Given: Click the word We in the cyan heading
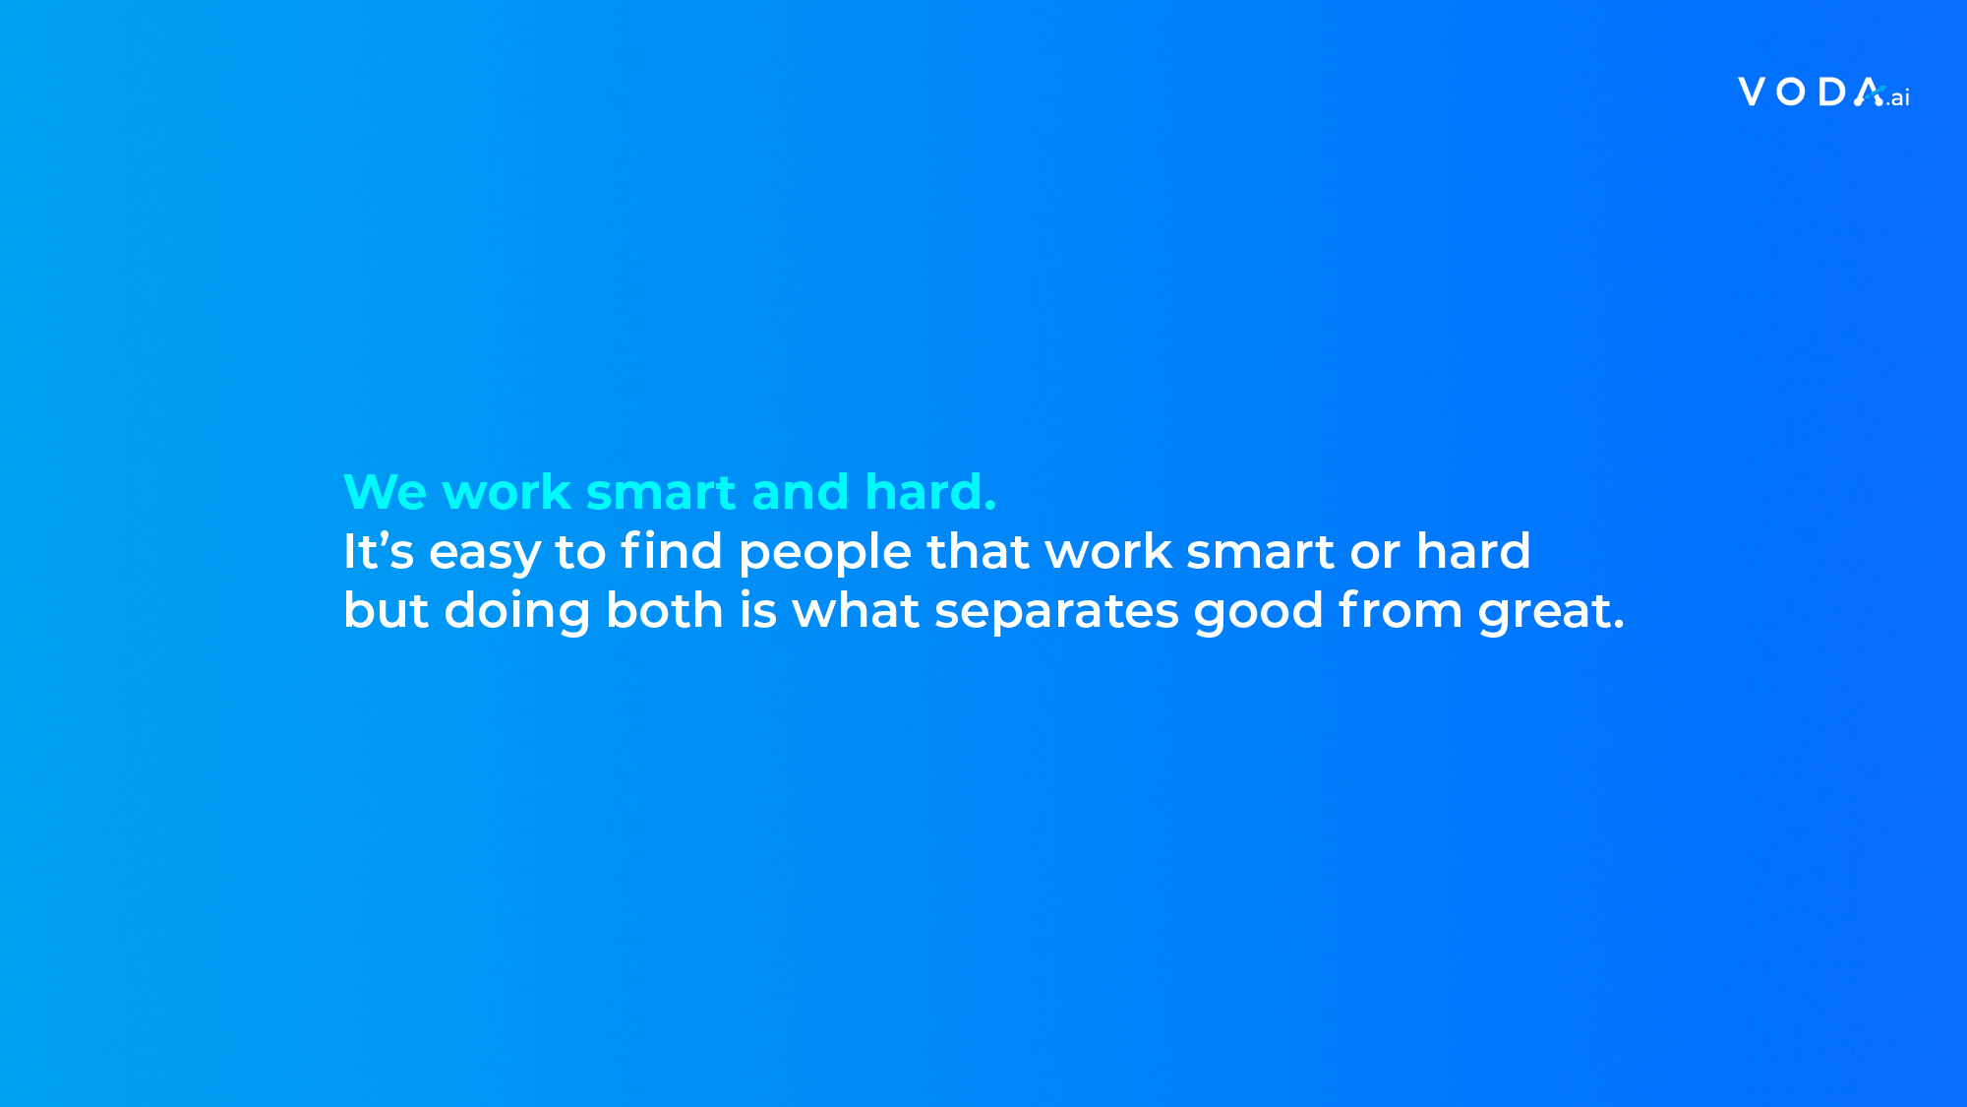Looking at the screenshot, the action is click(385, 492).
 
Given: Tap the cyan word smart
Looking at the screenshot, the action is click(661, 492).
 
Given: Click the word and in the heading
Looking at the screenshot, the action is click(800, 491).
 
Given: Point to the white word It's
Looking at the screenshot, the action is click(379, 550).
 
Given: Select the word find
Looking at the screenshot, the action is click(672, 550).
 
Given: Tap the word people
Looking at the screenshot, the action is click(825, 554).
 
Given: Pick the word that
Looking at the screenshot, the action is click(978, 550).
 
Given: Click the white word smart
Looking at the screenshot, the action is click(1261, 551).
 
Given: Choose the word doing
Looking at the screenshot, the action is click(517, 613).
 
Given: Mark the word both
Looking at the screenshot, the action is click(665, 609).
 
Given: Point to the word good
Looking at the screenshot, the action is click(1259, 613).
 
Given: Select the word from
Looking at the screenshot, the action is click(1401, 609).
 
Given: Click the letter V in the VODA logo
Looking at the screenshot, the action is click(1753, 92).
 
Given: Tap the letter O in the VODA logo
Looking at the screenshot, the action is click(1791, 92).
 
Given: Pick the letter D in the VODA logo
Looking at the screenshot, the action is click(1832, 92).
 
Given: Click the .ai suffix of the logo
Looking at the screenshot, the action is click(1897, 97).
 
